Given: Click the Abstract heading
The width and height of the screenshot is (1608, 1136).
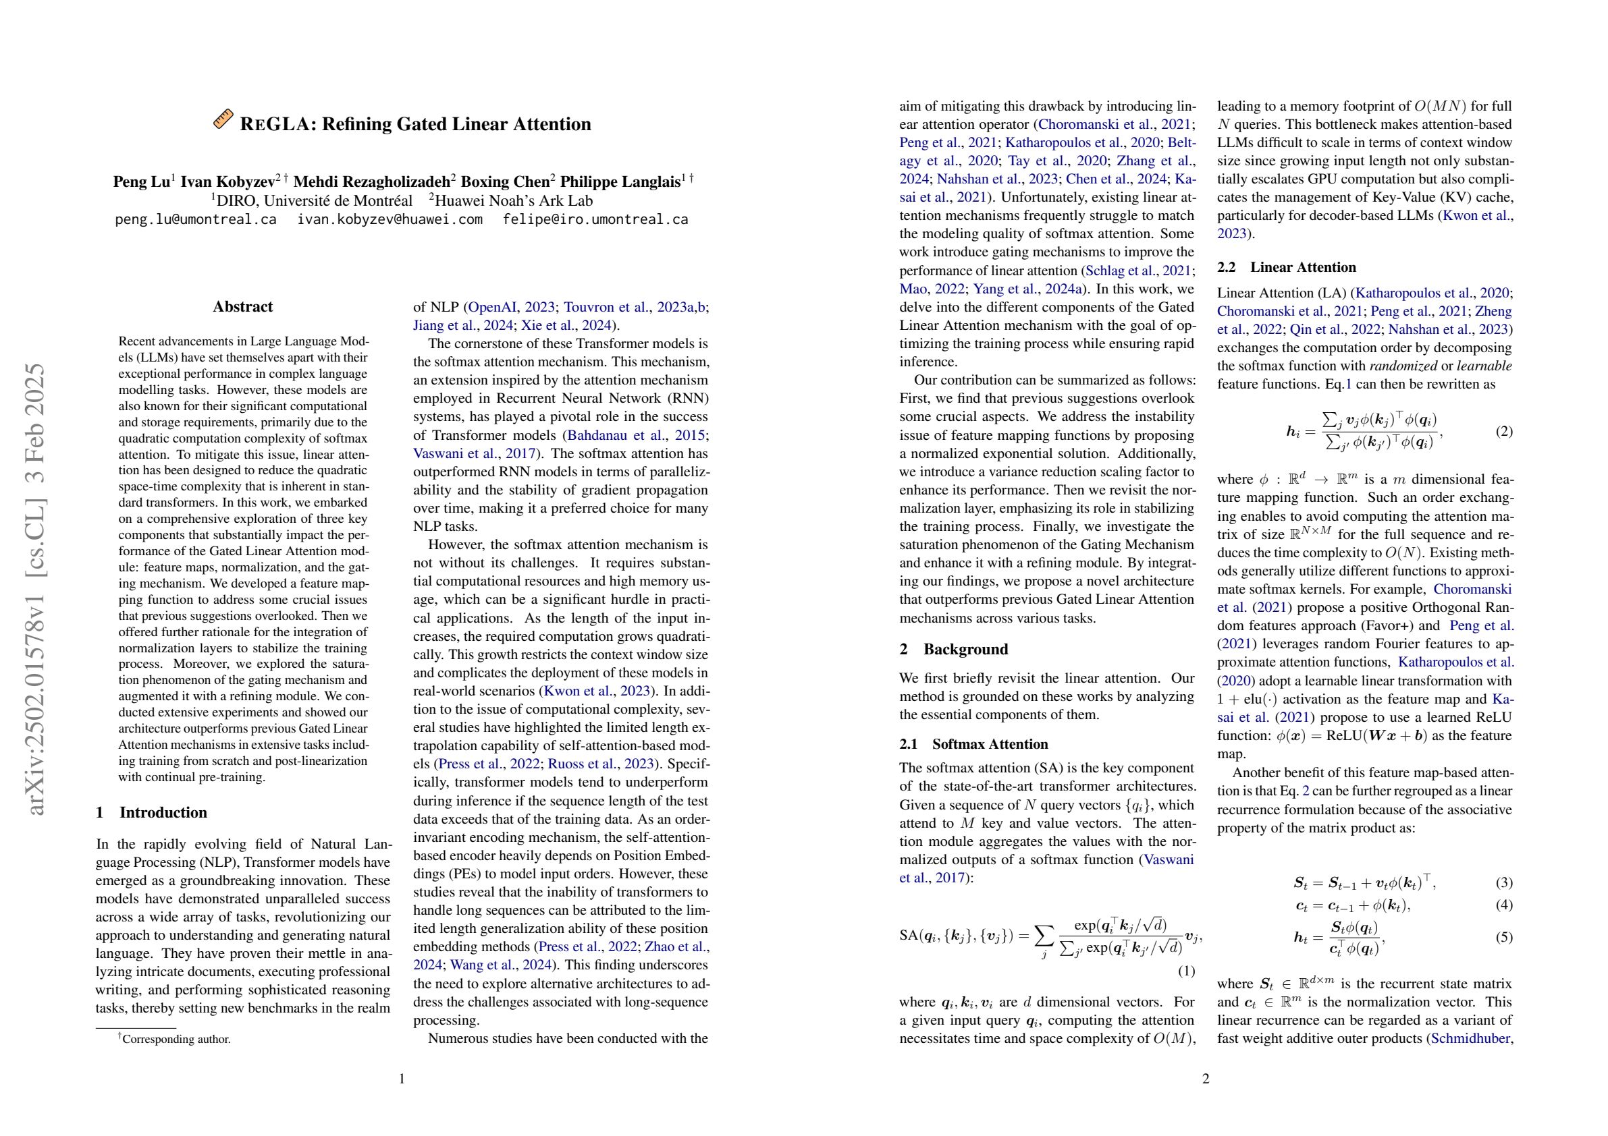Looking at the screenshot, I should tap(242, 306).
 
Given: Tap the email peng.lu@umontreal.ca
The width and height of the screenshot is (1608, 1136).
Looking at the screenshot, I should tap(195, 219).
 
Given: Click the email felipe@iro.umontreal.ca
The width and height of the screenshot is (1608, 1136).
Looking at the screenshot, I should tap(595, 219).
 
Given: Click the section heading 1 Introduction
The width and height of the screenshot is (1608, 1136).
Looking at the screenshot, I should tap(151, 812).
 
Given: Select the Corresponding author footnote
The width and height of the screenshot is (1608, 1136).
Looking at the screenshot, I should tap(176, 1039).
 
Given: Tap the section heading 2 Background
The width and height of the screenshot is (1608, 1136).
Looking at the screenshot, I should tap(954, 649).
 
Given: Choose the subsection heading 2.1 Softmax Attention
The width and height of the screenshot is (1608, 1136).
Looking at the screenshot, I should tap(973, 744).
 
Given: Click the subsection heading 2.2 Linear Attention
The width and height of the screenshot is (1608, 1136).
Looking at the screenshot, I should tap(1287, 267).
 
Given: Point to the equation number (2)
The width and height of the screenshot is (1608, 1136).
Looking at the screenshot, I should tap(1503, 431).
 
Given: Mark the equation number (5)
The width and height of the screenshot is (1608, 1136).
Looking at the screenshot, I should tap(1503, 937).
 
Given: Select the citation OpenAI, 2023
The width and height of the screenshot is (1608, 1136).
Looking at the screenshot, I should tap(510, 306).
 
